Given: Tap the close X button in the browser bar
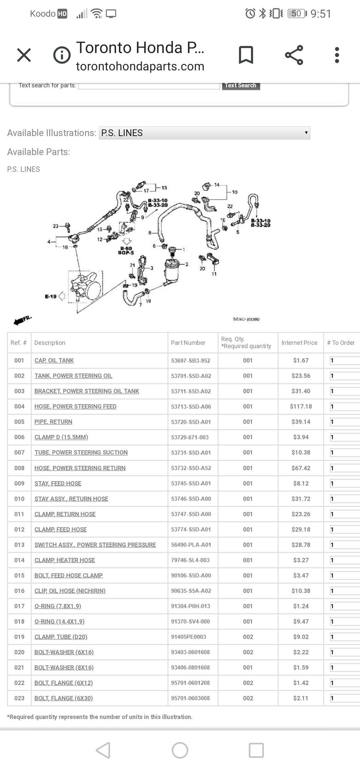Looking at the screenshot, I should pos(24,55).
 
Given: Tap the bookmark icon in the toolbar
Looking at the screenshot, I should pos(246,55).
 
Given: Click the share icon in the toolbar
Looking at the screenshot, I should pos(294,55).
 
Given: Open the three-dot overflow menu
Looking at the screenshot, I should pos(337,55).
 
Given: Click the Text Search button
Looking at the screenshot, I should pos(241,86).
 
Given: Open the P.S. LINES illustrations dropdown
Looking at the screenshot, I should pos(204,133).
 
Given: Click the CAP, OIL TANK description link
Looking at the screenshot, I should pos(54,360).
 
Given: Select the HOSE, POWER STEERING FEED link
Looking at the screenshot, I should pos(75,406).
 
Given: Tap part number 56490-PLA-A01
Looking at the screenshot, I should pos(191,545).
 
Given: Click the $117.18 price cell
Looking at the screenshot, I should pos(301,406).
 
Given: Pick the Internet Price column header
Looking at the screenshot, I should pos(299,343).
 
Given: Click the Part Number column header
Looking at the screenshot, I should pos(188,343).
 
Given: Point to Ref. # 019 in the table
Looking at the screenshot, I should pos(19,637).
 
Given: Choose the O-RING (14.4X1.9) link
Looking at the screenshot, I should pos(59,621).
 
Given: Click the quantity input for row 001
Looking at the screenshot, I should pos(344,360).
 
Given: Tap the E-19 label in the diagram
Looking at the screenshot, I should pos(50,296).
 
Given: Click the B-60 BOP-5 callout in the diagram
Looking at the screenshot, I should pos(126,250).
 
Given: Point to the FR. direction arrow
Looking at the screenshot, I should pos(22,320).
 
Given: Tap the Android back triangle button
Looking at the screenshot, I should pos(103,750).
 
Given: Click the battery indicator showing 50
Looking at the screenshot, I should pos(297,14).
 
